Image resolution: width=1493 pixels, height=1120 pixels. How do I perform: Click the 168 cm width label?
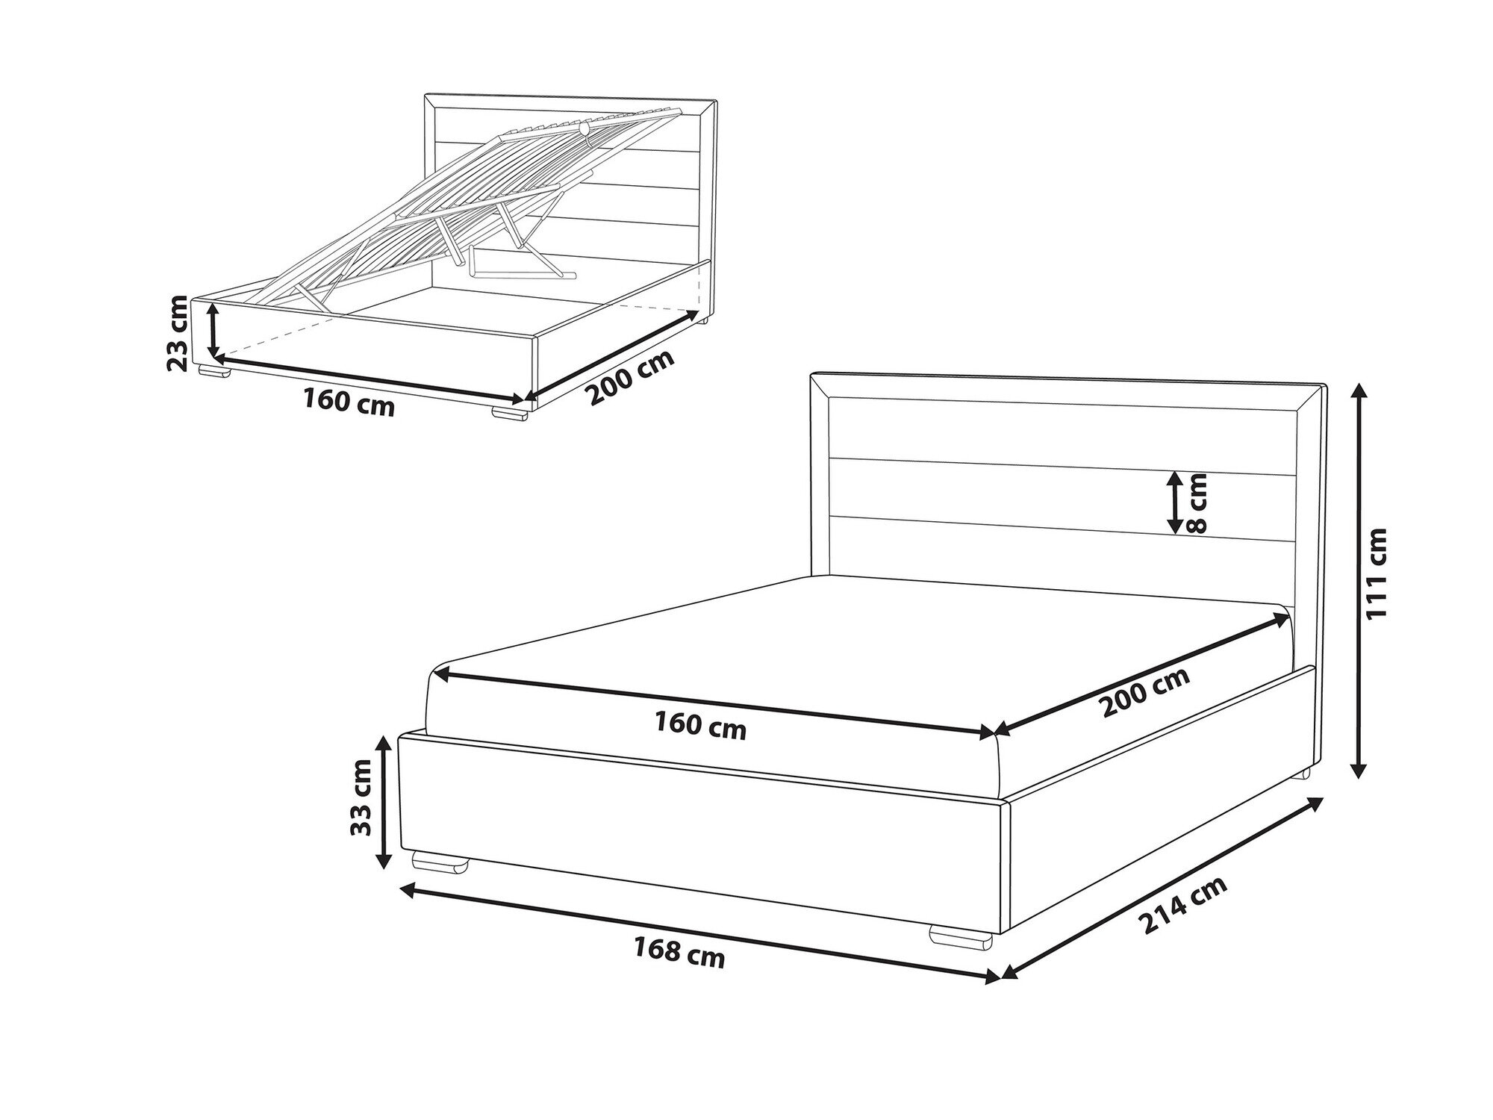pos(679,952)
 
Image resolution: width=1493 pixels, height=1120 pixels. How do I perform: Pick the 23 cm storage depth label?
pos(178,333)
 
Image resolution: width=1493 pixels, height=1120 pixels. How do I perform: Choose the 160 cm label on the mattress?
pos(700,725)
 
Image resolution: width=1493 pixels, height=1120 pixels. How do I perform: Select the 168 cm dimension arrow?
pos(699,933)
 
